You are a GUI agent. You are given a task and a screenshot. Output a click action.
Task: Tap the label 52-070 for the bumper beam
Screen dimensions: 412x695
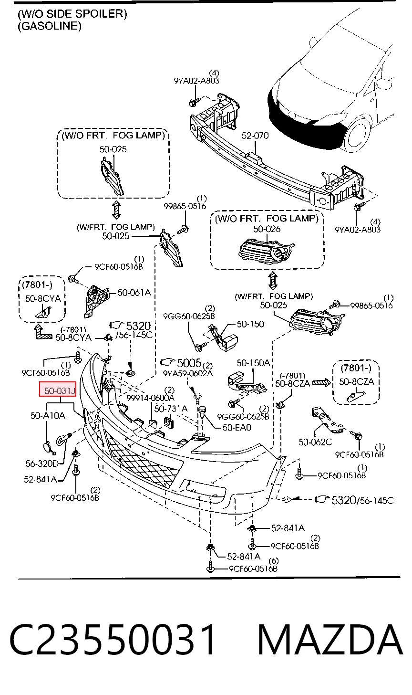[255, 136]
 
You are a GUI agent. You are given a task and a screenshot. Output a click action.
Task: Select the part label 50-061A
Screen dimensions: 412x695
[134, 292]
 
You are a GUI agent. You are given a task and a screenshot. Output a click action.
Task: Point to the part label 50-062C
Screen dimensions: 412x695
[315, 442]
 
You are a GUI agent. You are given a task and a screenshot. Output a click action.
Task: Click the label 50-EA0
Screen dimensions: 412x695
[237, 428]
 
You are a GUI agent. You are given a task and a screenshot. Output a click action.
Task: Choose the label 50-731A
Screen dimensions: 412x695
[171, 409]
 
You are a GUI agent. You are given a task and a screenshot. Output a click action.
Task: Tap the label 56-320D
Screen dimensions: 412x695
[42, 463]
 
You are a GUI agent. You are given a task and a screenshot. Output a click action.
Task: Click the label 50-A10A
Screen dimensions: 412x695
[48, 415]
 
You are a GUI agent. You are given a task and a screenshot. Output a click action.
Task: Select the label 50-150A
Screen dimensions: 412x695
[253, 363]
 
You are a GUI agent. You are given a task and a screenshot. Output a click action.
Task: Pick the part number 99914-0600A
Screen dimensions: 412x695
[150, 398]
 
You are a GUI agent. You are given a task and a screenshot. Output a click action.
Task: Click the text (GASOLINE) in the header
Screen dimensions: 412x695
[50, 26]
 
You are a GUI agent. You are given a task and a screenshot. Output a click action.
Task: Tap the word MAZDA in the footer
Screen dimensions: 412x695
[330, 640]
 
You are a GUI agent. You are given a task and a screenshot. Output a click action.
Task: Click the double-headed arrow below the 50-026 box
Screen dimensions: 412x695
[273, 281]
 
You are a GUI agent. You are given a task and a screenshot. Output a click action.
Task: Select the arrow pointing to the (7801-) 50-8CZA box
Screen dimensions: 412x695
[321, 383]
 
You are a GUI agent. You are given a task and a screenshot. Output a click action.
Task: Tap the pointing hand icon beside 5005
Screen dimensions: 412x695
[168, 362]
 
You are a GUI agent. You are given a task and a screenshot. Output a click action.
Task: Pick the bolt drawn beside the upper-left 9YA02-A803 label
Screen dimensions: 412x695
[195, 102]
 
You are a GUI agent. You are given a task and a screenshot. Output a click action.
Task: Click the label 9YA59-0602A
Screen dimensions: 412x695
[188, 373]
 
